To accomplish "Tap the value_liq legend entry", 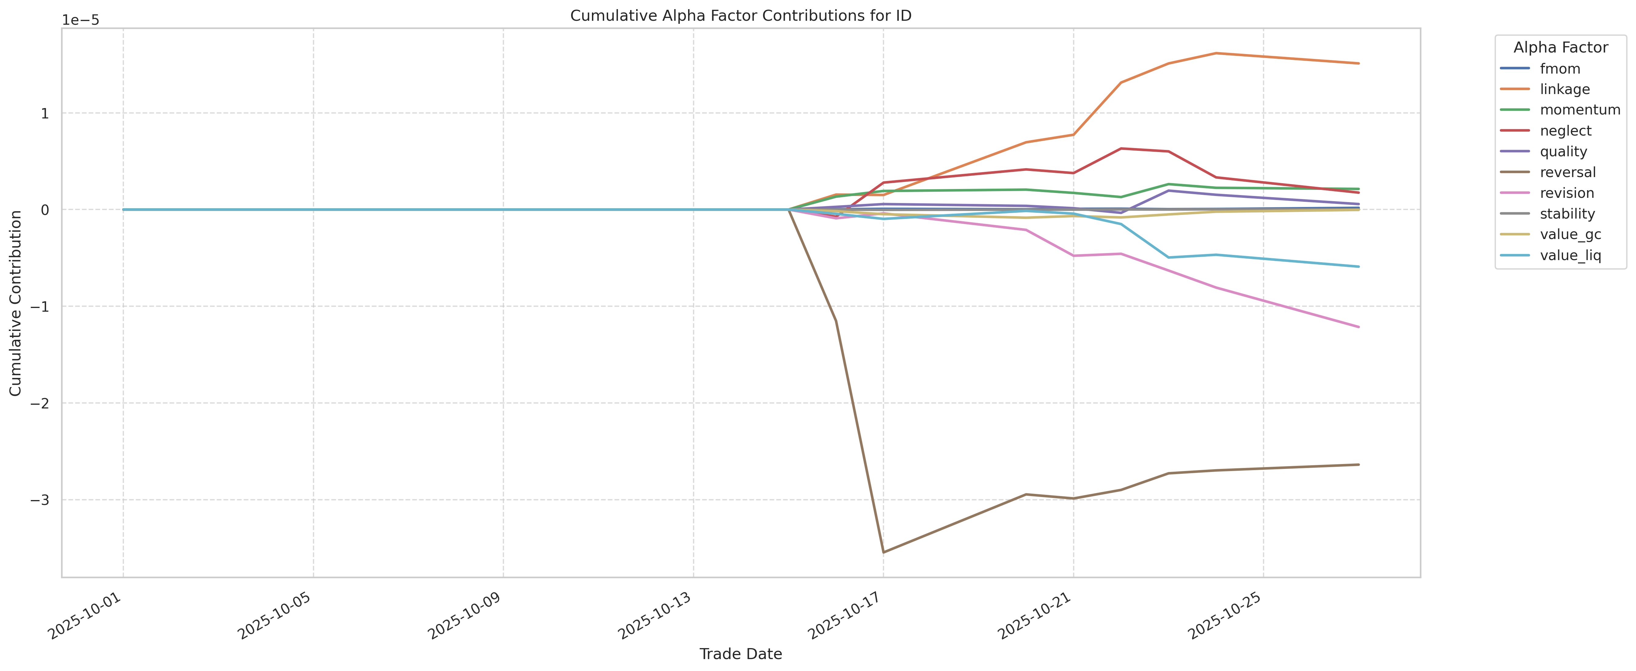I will tap(1570, 255).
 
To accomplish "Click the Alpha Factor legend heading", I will tap(1560, 48).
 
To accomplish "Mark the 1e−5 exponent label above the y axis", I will tap(81, 20).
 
